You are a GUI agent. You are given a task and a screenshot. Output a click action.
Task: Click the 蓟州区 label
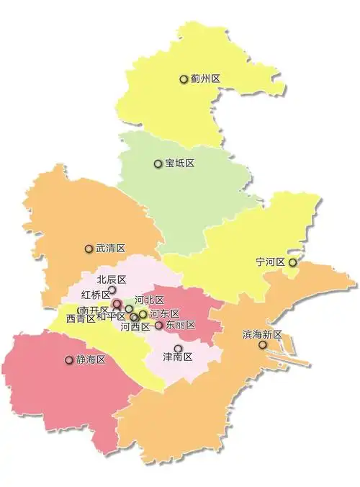206,79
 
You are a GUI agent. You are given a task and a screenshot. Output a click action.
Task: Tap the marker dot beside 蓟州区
184,79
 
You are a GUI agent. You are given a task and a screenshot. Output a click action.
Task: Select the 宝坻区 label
180,164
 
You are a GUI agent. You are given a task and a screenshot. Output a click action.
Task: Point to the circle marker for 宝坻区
158,164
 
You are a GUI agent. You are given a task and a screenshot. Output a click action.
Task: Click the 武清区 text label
111,249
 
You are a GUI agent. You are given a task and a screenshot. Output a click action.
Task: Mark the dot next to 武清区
89,249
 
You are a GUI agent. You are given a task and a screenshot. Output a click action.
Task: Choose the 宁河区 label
271,262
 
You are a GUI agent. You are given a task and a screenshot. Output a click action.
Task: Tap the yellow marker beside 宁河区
293,263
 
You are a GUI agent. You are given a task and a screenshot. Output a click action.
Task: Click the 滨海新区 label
262,335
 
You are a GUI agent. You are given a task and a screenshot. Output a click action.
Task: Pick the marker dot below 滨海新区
263,345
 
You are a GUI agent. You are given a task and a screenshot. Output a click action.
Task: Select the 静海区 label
91,360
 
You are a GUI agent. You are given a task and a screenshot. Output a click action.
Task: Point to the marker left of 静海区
69,360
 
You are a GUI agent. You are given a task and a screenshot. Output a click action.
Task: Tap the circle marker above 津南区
179,348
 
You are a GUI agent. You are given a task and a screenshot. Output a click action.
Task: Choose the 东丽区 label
181,326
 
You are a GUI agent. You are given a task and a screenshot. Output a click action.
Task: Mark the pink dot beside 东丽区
159,326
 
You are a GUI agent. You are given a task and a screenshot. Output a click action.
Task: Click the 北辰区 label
112,280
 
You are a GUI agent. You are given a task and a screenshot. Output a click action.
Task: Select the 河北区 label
150,300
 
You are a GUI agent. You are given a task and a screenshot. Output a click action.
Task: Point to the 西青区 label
81,318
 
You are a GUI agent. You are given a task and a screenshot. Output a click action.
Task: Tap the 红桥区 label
96,295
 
